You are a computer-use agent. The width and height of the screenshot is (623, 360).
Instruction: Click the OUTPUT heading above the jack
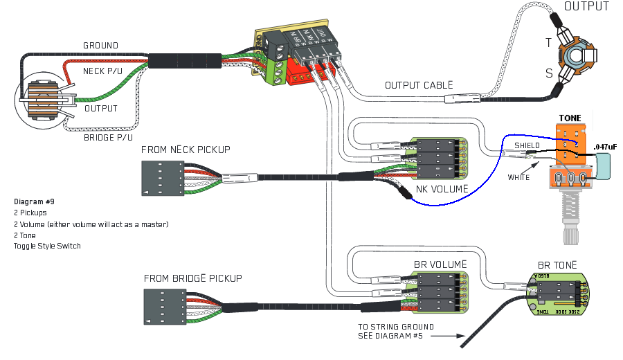[586, 7]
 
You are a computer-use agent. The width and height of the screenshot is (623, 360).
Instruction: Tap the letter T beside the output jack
[548, 43]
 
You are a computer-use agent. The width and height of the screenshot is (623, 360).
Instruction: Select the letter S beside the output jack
[549, 72]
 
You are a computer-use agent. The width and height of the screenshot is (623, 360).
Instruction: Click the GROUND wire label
[100, 46]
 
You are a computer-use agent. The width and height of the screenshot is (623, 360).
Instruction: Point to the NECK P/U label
[103, 71]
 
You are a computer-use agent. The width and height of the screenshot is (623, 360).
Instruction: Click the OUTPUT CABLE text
[419, 85]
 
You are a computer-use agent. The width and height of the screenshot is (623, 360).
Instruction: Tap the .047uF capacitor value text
[604, 147]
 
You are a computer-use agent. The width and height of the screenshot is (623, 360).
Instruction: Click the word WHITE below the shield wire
[518, 178]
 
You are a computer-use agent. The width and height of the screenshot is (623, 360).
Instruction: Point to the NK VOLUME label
[442, 189]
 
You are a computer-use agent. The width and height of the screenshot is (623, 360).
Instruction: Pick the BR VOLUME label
[440, 264]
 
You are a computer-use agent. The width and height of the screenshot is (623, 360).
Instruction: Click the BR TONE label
[557, 265]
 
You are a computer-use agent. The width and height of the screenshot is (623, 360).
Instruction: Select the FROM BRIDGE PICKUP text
[193, 278]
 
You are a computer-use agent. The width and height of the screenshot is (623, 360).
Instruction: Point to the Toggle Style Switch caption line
[47, 246]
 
